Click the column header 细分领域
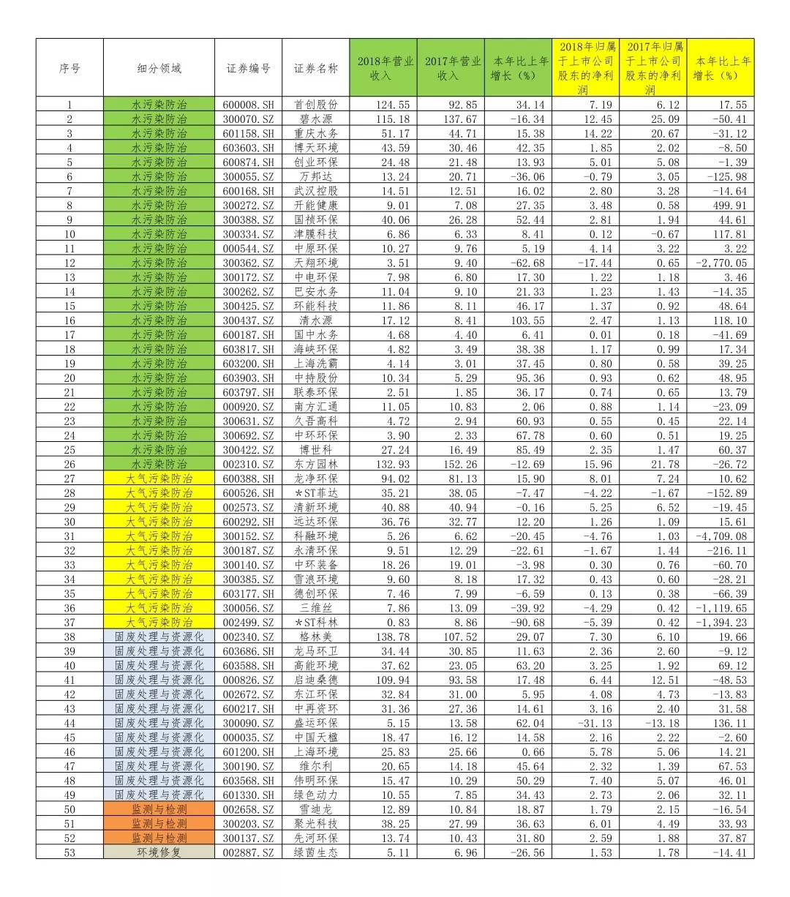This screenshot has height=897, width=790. pyautogui.click(x=159, y=68)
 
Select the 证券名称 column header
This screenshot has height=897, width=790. pyautogui.click(x=316, y=68)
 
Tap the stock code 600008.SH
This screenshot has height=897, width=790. pyautogui.click(x=249, y=105)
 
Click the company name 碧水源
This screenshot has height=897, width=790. pyautogui.click(x=316, y=119)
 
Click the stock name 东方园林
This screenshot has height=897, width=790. pyautogui.click(x=316, y=465)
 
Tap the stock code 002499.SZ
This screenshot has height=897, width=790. pyautogui.click(x=249, y=623)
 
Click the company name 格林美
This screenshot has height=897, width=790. pyautogui.click(x=316, y=637)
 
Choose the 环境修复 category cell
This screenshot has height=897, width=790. pyautogui.click(x=159, y=852)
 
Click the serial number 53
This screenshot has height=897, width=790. pyautogui.click(x=69, y=852)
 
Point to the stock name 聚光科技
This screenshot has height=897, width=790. pyautogui.click(x=316, y=824)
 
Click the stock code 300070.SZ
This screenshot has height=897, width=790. pyautogui.click(x=249, y=119)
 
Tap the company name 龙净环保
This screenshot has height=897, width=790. pyautogui.click(x=316, y=478)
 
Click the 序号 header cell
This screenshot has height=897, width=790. pyautogui.click(x=69, y=68)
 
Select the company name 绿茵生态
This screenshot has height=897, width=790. pyautogui.click(x=316, y=852)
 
